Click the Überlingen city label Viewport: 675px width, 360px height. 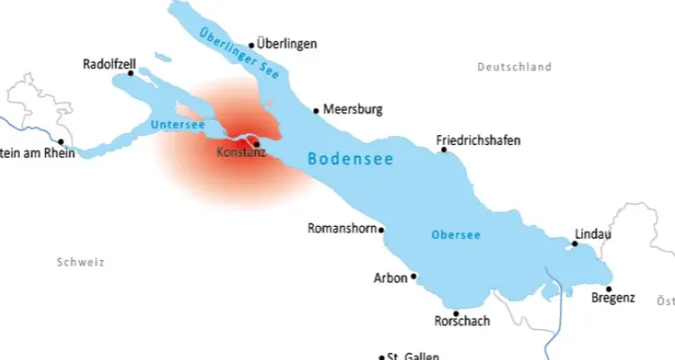tap(287, 43)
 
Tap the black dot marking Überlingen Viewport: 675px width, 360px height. tap(252, 44)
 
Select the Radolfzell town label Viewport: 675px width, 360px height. tap(109, 65)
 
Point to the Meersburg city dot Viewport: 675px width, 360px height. tap(316, 111)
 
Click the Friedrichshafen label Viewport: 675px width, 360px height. tap(478, 140)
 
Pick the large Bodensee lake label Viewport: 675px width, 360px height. tap(350, 158)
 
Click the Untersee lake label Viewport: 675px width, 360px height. tap(177, 124)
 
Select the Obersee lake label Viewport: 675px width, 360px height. tap(455, 235)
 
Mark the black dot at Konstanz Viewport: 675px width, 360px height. tap(256, 144)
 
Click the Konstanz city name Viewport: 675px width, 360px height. tap(241, 153)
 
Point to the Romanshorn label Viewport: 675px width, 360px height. tap(342, 229)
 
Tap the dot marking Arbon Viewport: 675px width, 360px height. tap(414, 277)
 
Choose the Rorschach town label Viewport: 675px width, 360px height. tap(462, 321)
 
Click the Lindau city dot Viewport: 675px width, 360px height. tap(575, 243)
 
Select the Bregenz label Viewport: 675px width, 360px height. tap(614, 298)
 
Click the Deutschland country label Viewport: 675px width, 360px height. tap(514, 67)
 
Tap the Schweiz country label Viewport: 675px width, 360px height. tap(80, 263)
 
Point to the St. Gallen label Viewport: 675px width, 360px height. tap(412, 356)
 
